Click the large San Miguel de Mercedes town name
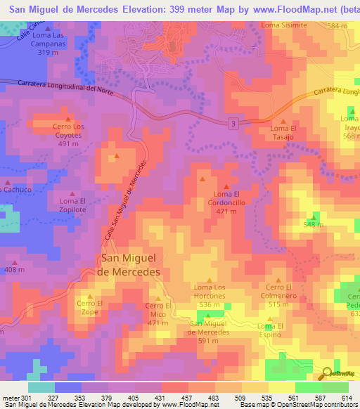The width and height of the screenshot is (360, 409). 129,264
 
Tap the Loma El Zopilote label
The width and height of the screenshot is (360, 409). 73,205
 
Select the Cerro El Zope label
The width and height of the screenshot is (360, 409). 90,307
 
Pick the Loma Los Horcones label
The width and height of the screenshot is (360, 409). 210,292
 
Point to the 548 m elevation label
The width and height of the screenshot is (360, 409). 313,225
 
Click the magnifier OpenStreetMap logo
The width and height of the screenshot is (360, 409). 327,375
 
